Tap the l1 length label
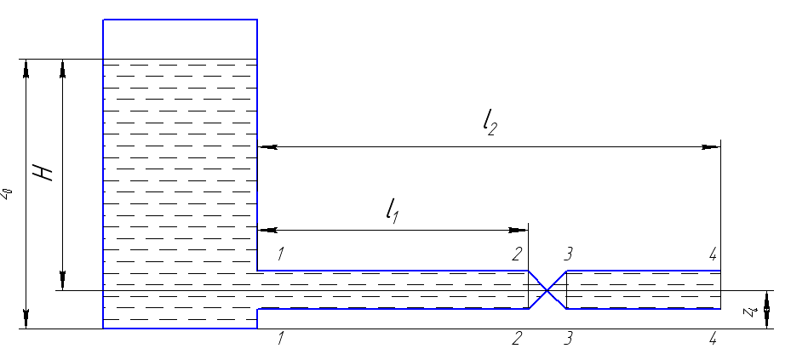[x=392, y=209]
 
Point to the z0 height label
[x=7, y=194]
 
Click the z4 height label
[x=750, y=311]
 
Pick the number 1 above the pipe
[x=280, y=253]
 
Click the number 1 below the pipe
[x=280, y=339]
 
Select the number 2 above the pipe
[x=516, y=253]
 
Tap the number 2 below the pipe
[x=516, y=339]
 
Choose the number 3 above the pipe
[x=568, y=253]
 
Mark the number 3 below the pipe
[x=568, y=339]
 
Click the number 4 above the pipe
[x=714, y=253]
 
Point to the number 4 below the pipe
[x=714, y=339]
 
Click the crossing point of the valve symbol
[x=548, y=290]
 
